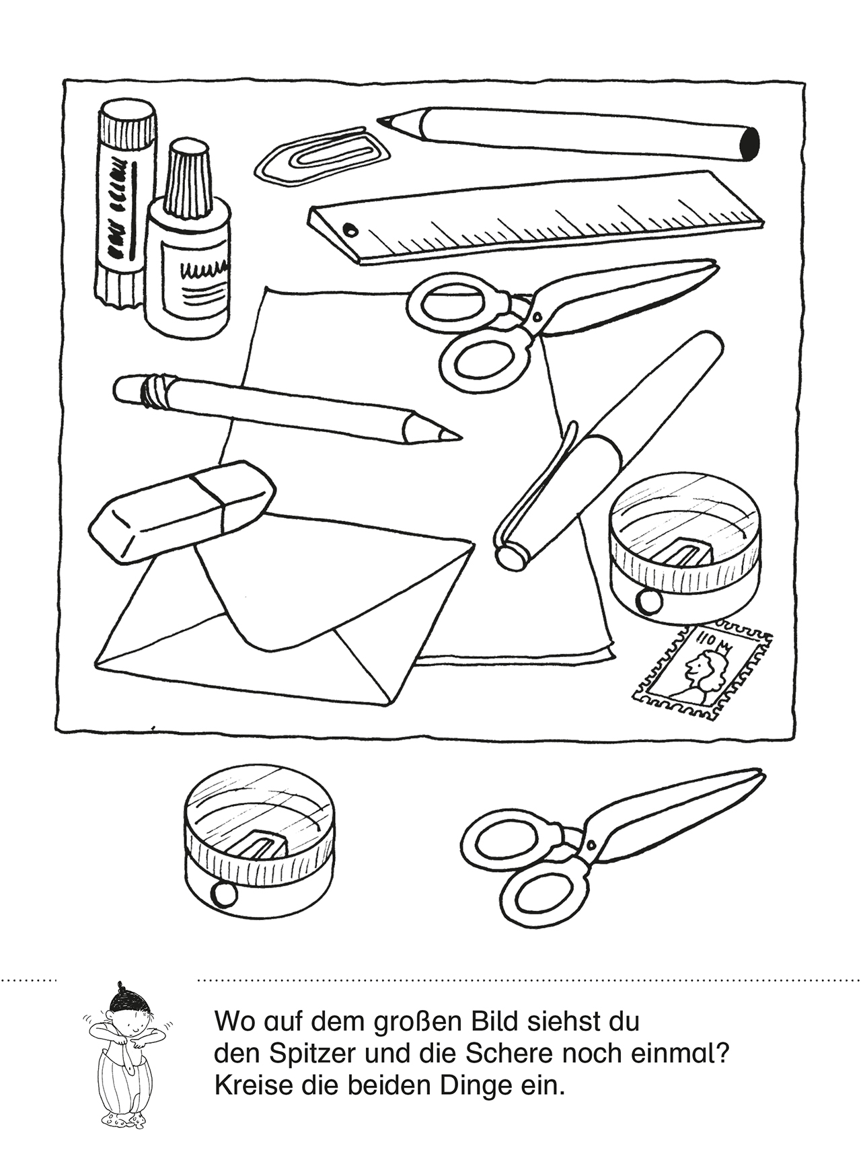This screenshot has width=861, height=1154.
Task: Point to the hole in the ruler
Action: tap(350, 228)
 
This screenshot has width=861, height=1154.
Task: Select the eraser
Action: tap(182, 508)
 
